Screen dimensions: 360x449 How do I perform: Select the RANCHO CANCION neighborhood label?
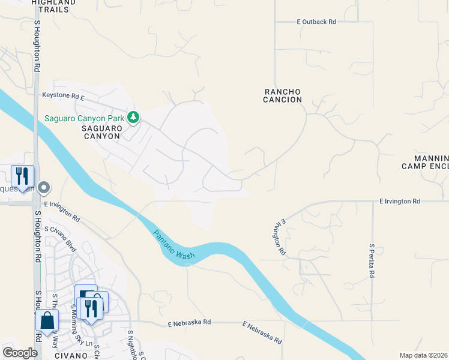click(x=282, y=96)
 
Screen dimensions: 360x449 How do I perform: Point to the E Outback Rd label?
click(x=316, y=22)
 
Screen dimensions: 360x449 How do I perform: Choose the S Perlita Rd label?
click(x=372, y=260)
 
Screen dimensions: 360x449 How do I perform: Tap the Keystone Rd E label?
click(x=63, y=95)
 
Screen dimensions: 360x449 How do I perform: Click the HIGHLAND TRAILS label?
click(x=53, y=3)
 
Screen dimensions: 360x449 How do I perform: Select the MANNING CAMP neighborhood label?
click(x=425, y=161)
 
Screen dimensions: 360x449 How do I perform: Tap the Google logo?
click(x=20, y=352)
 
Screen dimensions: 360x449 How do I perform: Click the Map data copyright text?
click(x=423, y=355)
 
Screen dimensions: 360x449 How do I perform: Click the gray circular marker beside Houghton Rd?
click(x=43, y=188)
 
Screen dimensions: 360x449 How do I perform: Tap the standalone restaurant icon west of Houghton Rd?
click(x=22, y=176)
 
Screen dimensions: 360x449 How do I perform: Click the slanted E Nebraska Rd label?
click(x=262, y=332)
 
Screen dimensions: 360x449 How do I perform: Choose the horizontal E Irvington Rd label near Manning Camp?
click(x=399, y=202)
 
